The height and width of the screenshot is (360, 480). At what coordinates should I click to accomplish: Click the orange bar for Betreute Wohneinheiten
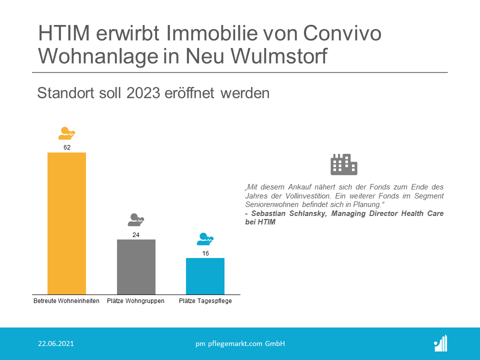[66, 223]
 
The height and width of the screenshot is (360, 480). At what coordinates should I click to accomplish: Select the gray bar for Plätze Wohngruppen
[136, 266]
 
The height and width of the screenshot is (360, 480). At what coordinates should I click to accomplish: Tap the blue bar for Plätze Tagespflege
[205, 276]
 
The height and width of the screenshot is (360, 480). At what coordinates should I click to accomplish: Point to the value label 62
[66, 147]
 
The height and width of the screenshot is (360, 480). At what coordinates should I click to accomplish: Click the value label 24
[136, 234]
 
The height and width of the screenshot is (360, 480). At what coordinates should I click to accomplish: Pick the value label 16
[205, 253]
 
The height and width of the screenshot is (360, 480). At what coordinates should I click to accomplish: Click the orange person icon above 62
[66, 133]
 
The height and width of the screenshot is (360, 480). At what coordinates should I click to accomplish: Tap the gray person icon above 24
[136, 219]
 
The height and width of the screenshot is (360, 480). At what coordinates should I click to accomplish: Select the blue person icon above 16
[205, 239]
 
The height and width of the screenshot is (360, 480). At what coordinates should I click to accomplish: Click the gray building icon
[344, 164]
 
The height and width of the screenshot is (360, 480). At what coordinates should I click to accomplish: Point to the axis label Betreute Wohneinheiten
[66, 301]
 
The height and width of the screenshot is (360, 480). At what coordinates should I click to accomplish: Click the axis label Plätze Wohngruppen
[136, 301]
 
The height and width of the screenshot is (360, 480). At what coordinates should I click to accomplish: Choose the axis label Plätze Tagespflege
[205, 301]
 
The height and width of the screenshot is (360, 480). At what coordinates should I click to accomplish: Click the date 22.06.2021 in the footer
[56, 343]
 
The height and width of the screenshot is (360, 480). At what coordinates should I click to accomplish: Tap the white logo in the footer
[440, 343]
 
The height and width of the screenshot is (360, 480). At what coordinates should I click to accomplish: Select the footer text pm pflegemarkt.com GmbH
[240, 343]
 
